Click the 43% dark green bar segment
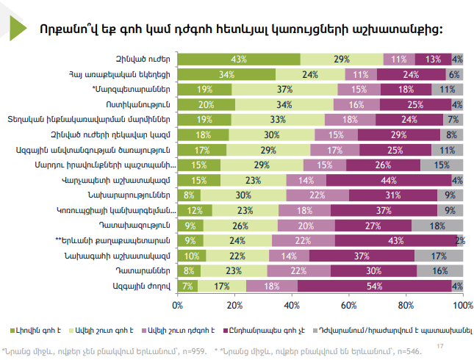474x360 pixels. pos(238,59)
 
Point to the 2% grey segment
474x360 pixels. pos(460,240)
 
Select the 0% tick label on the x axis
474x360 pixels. pos(177,304)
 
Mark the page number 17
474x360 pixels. pos(439,345)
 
